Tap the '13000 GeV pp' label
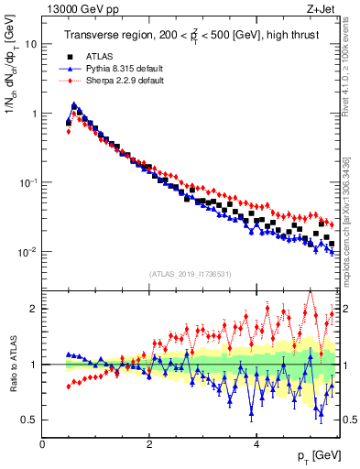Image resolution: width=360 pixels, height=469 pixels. click(x=74, y=8)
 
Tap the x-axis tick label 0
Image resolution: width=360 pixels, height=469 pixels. click(x=43, y=443)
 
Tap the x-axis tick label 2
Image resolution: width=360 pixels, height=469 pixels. click(x=149, y=443)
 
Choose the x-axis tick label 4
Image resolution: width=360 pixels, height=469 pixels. click(x=256, y=443)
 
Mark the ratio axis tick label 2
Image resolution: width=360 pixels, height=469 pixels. click(x=34, y=309)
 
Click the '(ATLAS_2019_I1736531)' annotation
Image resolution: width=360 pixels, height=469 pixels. click(x=190, y=274)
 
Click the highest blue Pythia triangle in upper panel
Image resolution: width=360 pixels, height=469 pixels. click(x=74, y=104)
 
